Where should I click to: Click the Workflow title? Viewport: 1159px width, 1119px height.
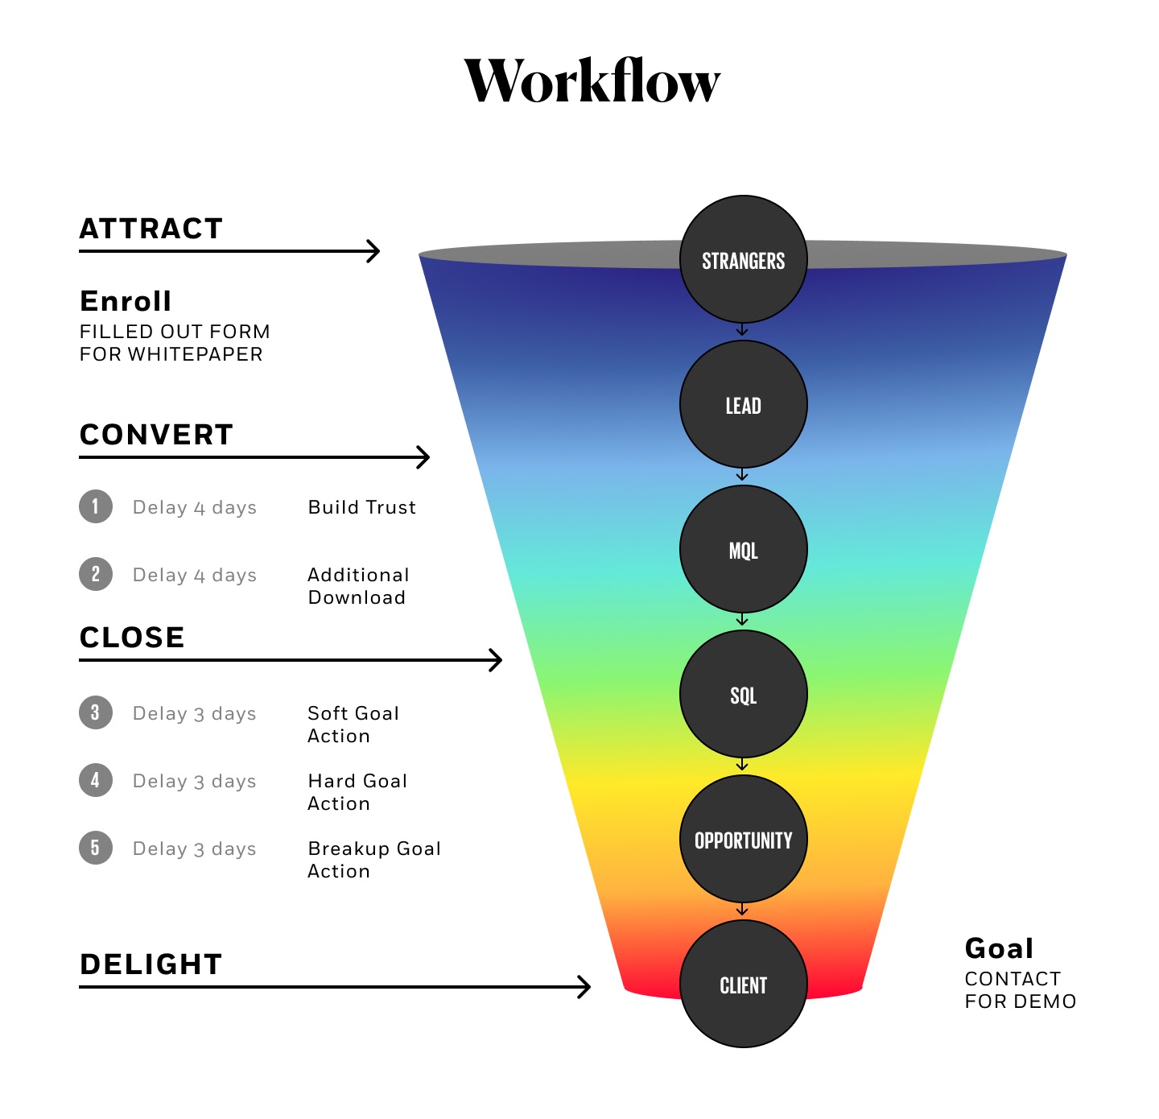tap(592, 82)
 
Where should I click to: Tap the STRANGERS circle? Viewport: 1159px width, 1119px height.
tap(743, 260)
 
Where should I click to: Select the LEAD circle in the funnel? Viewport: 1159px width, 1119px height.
tap(743, 405)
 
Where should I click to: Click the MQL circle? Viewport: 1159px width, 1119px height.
tap(743, 550)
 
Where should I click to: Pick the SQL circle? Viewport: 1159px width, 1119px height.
tap(743, 695)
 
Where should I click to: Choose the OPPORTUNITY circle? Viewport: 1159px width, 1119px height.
tap(743, 840)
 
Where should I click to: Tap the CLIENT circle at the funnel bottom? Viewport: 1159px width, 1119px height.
tap(743, 985)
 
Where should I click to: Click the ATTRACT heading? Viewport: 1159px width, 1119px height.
tap(151, 229)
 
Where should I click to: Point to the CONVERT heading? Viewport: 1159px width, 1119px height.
tap(156, 435)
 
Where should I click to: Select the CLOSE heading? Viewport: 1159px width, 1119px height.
tap(132, 638)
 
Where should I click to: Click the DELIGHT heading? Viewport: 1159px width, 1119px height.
tap(151, 964)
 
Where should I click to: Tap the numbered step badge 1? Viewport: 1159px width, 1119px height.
tap(96, 506)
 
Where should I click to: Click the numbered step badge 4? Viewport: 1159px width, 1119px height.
tap(96, 780)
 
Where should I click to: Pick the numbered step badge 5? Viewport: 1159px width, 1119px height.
tap(96, 848)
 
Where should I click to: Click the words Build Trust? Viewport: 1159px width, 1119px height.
tap(362, 507)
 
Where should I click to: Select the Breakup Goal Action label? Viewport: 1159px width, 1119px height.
tap(374, 860)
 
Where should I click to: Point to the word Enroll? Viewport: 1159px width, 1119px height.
tap(126, 301)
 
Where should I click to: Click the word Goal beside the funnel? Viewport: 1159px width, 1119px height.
tap(999, 948)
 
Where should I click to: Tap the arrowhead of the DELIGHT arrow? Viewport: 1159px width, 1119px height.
tap(585, 986)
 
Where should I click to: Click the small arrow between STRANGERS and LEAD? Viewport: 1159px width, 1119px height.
tap(742, 330)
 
